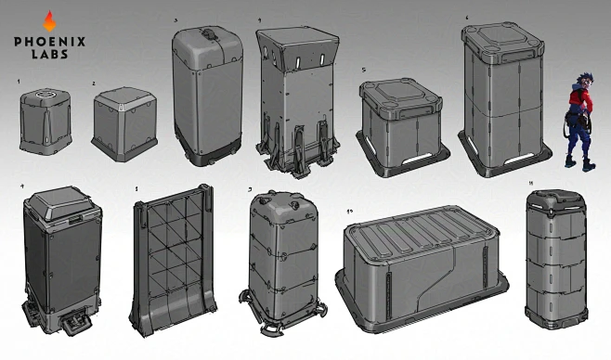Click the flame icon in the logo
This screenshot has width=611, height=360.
[49, 19]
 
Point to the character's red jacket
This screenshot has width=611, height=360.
[578, 96]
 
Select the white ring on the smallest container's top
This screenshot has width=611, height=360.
[43, 95]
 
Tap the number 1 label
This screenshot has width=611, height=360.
[19, 83]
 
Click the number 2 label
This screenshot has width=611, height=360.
[94, 84]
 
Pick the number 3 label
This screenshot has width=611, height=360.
[175, 18]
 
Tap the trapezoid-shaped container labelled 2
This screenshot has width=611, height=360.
[124, 122]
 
